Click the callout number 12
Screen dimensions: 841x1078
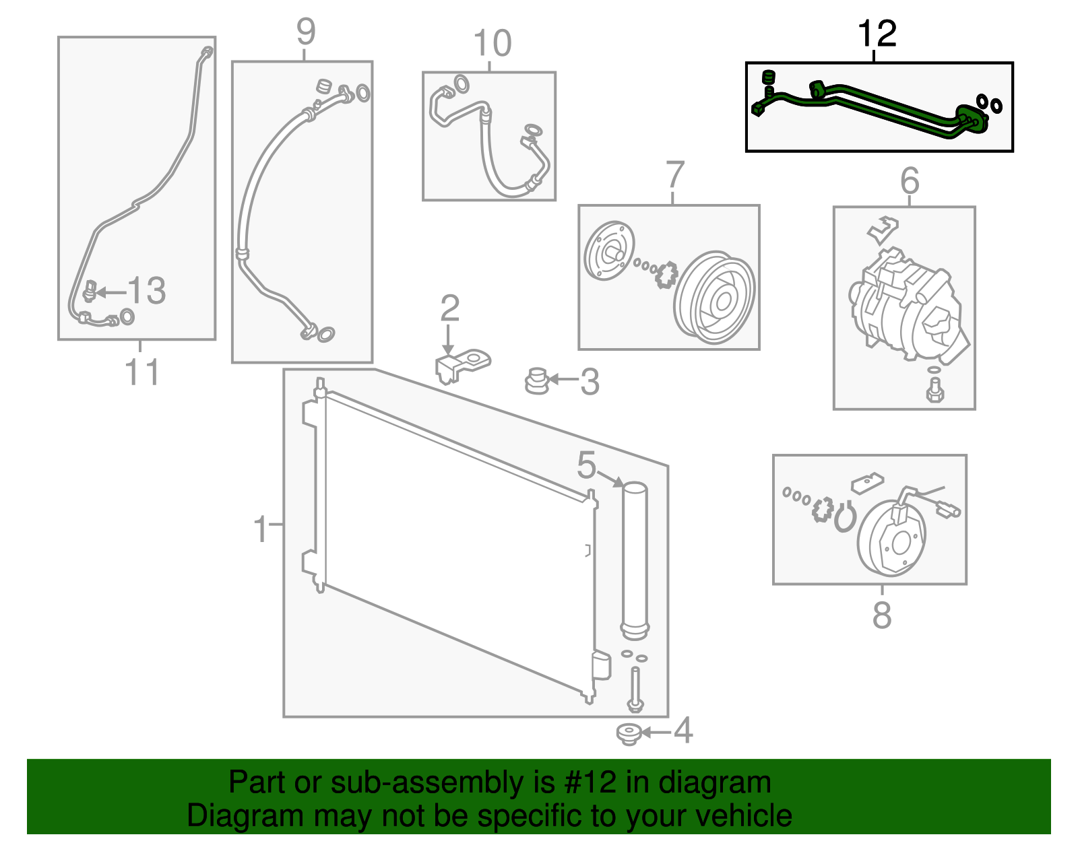click(x=877, y=34)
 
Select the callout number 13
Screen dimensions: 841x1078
click(x=147, y=291)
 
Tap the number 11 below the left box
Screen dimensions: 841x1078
click(x=142, y=372)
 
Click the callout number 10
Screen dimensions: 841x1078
click(x=492, y=44)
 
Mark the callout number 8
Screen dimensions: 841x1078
click(x=881, y=615)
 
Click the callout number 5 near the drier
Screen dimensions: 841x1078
click(x=586, y=465)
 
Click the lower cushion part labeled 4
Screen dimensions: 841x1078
click(x=629, y=735)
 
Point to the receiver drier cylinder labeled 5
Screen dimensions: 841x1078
click(x=634, y=559)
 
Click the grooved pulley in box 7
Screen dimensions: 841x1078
click(x=716, y=298)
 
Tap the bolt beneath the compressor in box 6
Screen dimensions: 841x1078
click(x=934, y=389)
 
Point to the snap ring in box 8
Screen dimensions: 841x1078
click(x=844, y=518)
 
